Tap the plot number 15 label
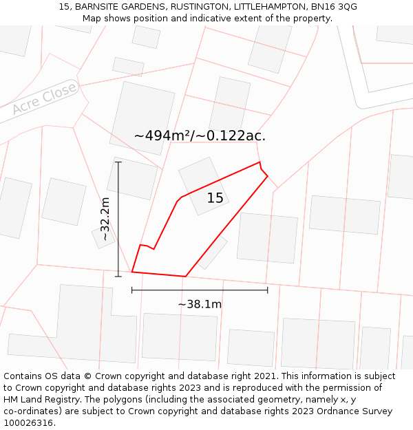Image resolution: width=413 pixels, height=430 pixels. coord(215,198)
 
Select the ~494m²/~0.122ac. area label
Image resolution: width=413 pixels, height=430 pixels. coord(200,136)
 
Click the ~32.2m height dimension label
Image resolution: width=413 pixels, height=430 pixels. coord(105,219)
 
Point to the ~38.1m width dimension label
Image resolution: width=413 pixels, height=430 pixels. coord(200,304)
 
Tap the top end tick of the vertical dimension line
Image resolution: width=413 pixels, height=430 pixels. coord(118,162)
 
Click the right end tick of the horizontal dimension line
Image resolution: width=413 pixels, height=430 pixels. coord(267,290)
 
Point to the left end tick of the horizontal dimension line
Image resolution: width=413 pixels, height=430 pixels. coord(132,290)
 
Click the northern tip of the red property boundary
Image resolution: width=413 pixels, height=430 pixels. coord(260,162)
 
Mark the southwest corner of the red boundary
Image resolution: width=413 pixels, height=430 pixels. coord(132,272)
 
